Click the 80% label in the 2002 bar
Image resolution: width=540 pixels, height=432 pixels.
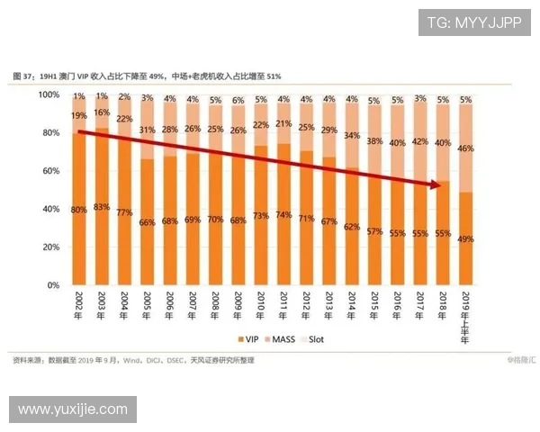pyautogui.click(x=79, y=210)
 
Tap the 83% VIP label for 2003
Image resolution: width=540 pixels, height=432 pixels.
pyautogui.click(x=103, y=207)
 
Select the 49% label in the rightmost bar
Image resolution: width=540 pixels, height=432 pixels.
pyautogui.click(x=465, y=238)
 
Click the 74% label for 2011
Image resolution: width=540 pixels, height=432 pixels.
pyautogui.click(x=283, y=215)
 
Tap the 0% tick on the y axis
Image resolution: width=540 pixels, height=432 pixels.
pyautogui.click(x=53, y=285)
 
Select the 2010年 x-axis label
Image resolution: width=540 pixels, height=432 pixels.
pyautogui.click(x=260, y=307)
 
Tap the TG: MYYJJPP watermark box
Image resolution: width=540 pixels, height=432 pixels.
pyautogui.click(x=473, y=22)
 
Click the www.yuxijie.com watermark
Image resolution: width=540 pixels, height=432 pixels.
pyautogui.click(x=72, y=409)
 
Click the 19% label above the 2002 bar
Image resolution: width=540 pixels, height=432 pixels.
pyautogui.click(x=79, y=115)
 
